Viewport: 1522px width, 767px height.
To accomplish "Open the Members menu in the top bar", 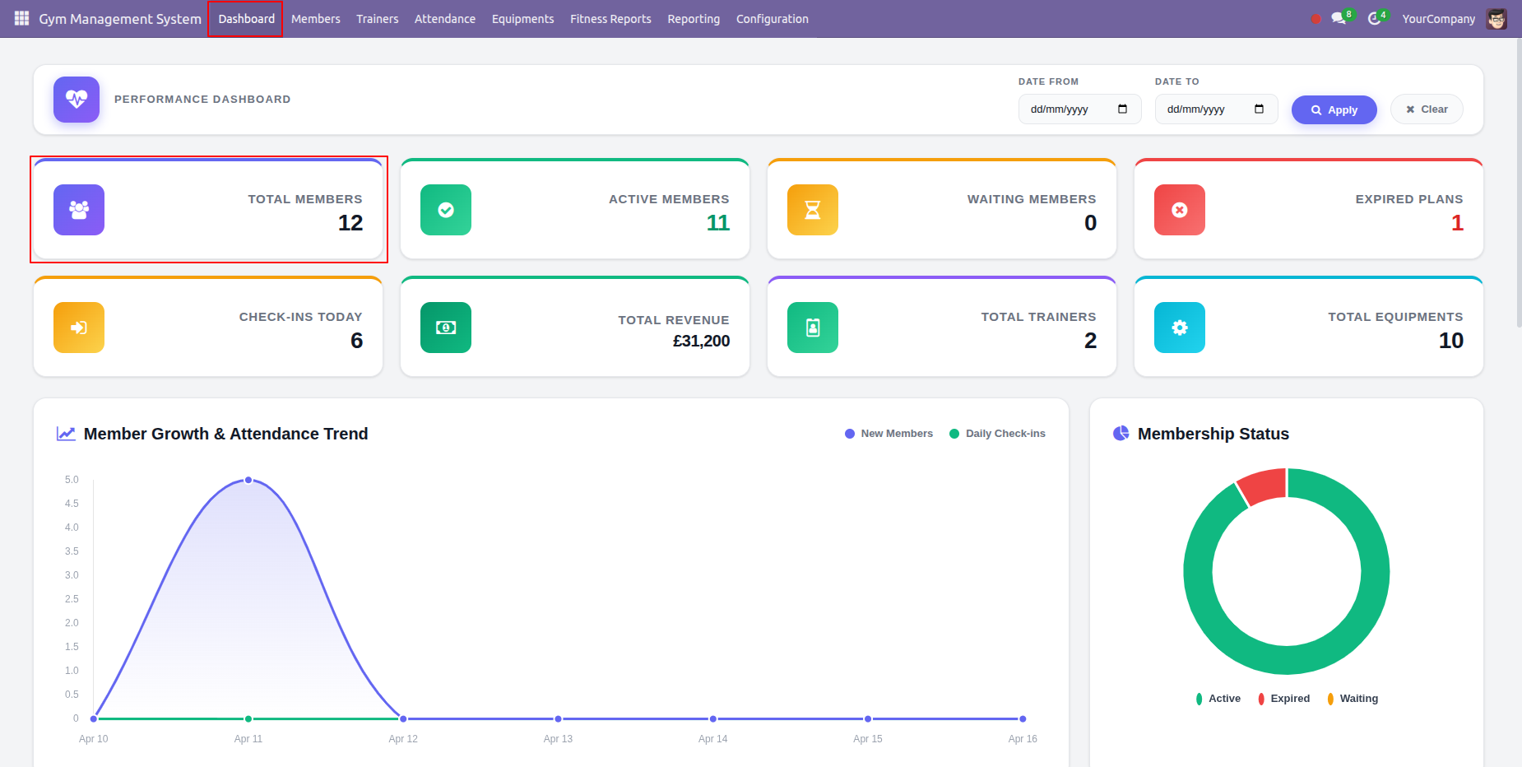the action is coord(315,19).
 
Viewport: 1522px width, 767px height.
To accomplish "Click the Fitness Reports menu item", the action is coord(610,19).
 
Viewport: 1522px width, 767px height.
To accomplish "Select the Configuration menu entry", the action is coord(772,19).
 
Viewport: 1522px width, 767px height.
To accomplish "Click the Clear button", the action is coord(1427,109).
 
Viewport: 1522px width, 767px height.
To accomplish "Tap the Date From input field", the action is coord(1079,109).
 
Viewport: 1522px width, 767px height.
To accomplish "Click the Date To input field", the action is coord(1216,109).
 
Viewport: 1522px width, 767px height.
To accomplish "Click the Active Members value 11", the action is coord(718,223).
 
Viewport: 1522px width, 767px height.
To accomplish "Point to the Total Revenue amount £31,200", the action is coord(701,341).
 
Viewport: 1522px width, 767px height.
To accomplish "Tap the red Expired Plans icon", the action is coord(1180,210).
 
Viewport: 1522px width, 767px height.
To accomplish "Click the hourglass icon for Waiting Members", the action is coord(813,210).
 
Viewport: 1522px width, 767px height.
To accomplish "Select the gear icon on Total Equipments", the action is coord(1180,328).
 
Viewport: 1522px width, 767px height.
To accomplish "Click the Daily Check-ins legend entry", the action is coord(997,434).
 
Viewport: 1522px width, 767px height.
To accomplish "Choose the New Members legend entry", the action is coord(889,434).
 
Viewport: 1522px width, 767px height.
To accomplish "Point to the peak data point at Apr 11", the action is coord(248,480).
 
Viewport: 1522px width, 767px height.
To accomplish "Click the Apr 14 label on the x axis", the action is coord(712,739).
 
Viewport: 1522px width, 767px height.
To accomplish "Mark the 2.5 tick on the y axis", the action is coord(72,599).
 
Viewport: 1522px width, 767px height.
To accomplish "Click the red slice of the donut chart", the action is coord(1263,486).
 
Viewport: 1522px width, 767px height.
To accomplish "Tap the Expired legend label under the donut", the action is coord(1290,699).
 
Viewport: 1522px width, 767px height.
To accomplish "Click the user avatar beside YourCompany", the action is coord(1496,19).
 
